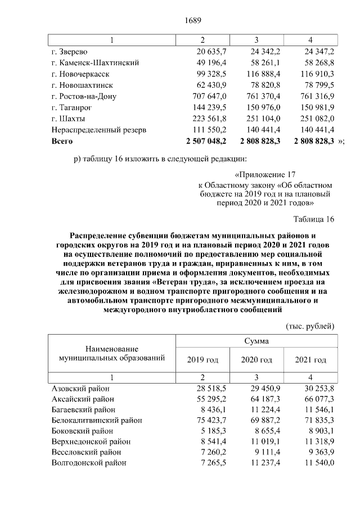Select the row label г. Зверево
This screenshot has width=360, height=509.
[x=71, y=52]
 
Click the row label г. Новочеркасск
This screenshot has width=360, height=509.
[x=80, y=74]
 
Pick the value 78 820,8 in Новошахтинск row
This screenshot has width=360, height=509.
[x=264, y=85]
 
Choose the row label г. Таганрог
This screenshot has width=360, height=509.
[x=75, y=107]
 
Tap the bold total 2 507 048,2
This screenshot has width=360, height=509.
[x=206, y=141]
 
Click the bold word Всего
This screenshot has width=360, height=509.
[x=62, y=141]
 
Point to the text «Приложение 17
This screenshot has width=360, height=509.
[x=265, y=175]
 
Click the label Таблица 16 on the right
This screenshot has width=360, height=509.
[x=314, y=220]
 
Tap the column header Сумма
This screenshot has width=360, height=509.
[x=256, y=341]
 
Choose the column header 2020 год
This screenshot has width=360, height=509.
[x=256, y=359]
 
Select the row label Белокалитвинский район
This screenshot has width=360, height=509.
[x=97, y=420]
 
